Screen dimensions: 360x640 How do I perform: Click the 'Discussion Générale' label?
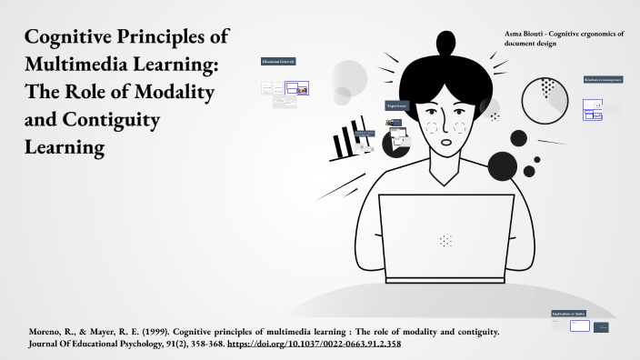coord(278,61)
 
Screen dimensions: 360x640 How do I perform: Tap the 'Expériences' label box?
coord(396,105)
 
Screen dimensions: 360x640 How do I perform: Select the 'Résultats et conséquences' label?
coord(603,79)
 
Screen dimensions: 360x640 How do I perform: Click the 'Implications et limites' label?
coord(568,314)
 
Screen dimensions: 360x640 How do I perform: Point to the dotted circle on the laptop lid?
coord(445,241)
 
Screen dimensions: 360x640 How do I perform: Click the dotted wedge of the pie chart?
coord(548,87)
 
